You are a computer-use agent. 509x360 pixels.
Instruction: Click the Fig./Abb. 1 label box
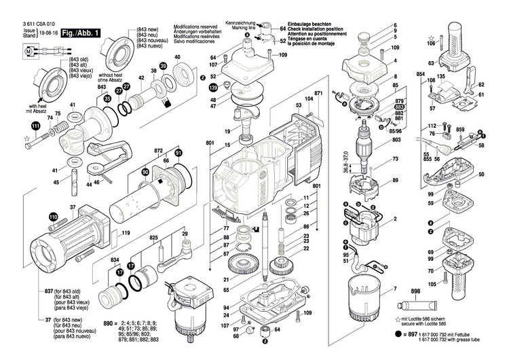tap(81, 33)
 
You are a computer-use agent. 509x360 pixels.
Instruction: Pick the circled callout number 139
tap(213, 88)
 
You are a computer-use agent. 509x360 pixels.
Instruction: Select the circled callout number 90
tap(145, 175)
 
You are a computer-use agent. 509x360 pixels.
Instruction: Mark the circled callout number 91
tap(178, 154)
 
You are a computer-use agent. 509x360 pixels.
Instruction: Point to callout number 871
tap(318, 92)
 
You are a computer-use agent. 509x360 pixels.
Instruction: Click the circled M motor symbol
tap(28, 50)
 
